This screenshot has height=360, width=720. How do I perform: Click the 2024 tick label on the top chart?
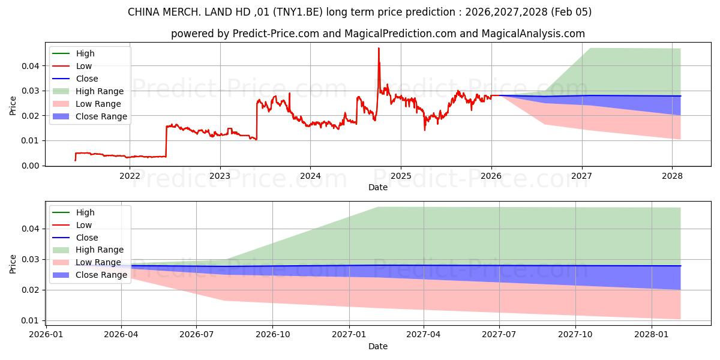coord(310,176)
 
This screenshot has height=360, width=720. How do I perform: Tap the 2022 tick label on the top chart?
coord(130,176)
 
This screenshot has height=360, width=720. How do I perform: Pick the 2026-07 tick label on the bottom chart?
coord(197,334)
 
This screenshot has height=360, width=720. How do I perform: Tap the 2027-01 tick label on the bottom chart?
coord(349,334)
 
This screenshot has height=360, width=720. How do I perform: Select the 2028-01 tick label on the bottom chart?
coord(651,334)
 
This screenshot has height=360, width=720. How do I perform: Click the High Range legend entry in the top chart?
coord(100,91)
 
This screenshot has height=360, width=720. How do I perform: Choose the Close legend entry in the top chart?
coord(87,79)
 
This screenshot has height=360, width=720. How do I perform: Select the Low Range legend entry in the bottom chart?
coord(98,262)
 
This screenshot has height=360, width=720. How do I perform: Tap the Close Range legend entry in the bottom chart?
coord(101,275)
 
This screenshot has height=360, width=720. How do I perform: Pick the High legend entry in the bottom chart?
coord(85,212)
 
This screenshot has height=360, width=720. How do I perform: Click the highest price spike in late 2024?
coord(379,49)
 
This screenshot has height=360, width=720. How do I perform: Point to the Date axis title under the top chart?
coord(378,187)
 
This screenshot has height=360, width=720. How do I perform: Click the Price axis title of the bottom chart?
coord(13,263)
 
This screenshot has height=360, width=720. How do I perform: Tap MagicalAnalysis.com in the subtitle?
coord(534,34)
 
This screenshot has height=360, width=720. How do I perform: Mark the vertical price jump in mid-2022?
coord(166,141)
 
